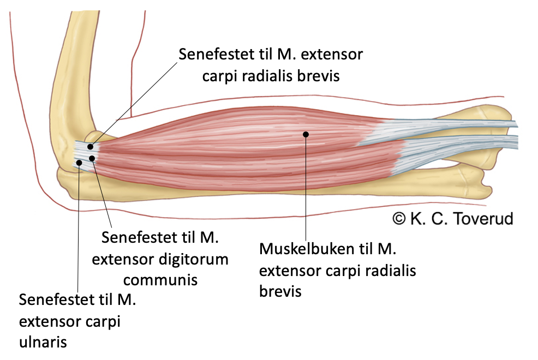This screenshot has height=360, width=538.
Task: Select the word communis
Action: click(160, 279)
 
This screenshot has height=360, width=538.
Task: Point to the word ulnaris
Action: click(43, 342)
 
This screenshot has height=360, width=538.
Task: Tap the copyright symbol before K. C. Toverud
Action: click(400, 218)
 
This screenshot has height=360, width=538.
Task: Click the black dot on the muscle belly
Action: click(306, 134)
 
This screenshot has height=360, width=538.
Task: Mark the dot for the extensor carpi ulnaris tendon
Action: click(80, 162)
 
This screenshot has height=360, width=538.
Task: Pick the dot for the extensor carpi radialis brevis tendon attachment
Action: click(89, 147)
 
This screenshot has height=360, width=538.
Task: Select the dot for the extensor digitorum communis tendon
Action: click(93, 158)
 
